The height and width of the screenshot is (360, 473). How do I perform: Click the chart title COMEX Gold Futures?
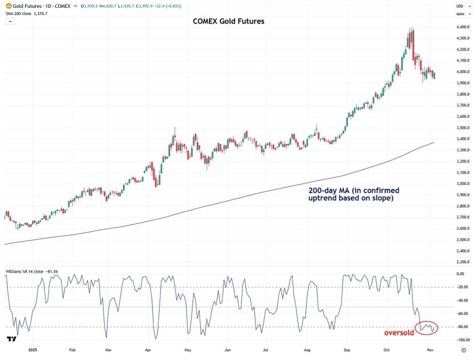tap(228, 21)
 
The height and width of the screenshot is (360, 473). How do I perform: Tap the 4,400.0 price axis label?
tap(463, 27)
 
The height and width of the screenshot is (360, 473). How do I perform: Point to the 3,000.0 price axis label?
tap(463, 184)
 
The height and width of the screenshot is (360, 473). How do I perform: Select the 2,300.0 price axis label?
tap(463, 262)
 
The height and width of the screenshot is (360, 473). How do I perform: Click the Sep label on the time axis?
tap(347, 350)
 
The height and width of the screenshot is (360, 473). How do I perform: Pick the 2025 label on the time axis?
tap(33, 350)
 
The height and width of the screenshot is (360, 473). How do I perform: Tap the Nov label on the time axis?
tap(430, 350)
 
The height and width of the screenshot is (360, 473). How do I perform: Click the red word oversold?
tap(399, 333)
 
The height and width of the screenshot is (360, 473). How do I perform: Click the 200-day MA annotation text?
tap(354, 194)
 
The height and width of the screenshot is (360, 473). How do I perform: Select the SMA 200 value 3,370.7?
tap(40, 14)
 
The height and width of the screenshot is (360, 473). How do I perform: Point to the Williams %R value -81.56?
tap(52, 271)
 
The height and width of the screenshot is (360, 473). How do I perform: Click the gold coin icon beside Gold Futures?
tap(9, 6)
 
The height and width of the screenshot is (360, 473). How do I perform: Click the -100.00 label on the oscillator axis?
tap(463, 340)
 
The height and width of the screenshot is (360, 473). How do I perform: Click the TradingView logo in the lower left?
tap(11, 339)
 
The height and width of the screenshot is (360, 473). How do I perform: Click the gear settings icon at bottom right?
tap(463, 350)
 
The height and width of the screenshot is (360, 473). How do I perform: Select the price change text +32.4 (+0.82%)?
tap(169, 6)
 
